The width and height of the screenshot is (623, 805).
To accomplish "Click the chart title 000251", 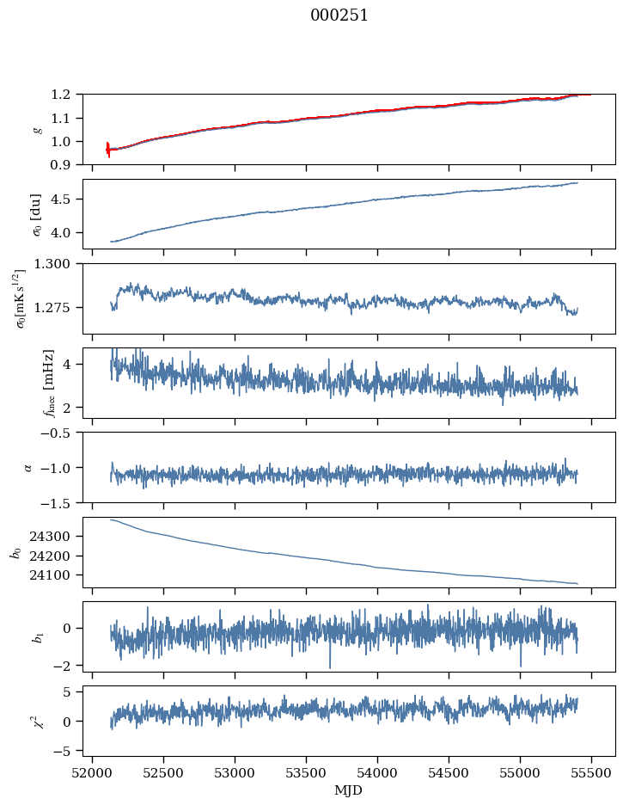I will click(x=339, y=15).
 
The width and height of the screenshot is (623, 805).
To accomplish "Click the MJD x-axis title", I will click(x=349, y=790).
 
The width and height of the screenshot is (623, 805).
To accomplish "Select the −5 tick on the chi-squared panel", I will click(x=66, y=751).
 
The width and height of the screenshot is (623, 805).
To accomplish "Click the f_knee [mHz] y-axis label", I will click(x=49, y=384).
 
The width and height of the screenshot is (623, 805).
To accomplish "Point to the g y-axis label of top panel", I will click(x=37, y=129).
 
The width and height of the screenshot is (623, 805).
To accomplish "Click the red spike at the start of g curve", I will click(x=108, y=149).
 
